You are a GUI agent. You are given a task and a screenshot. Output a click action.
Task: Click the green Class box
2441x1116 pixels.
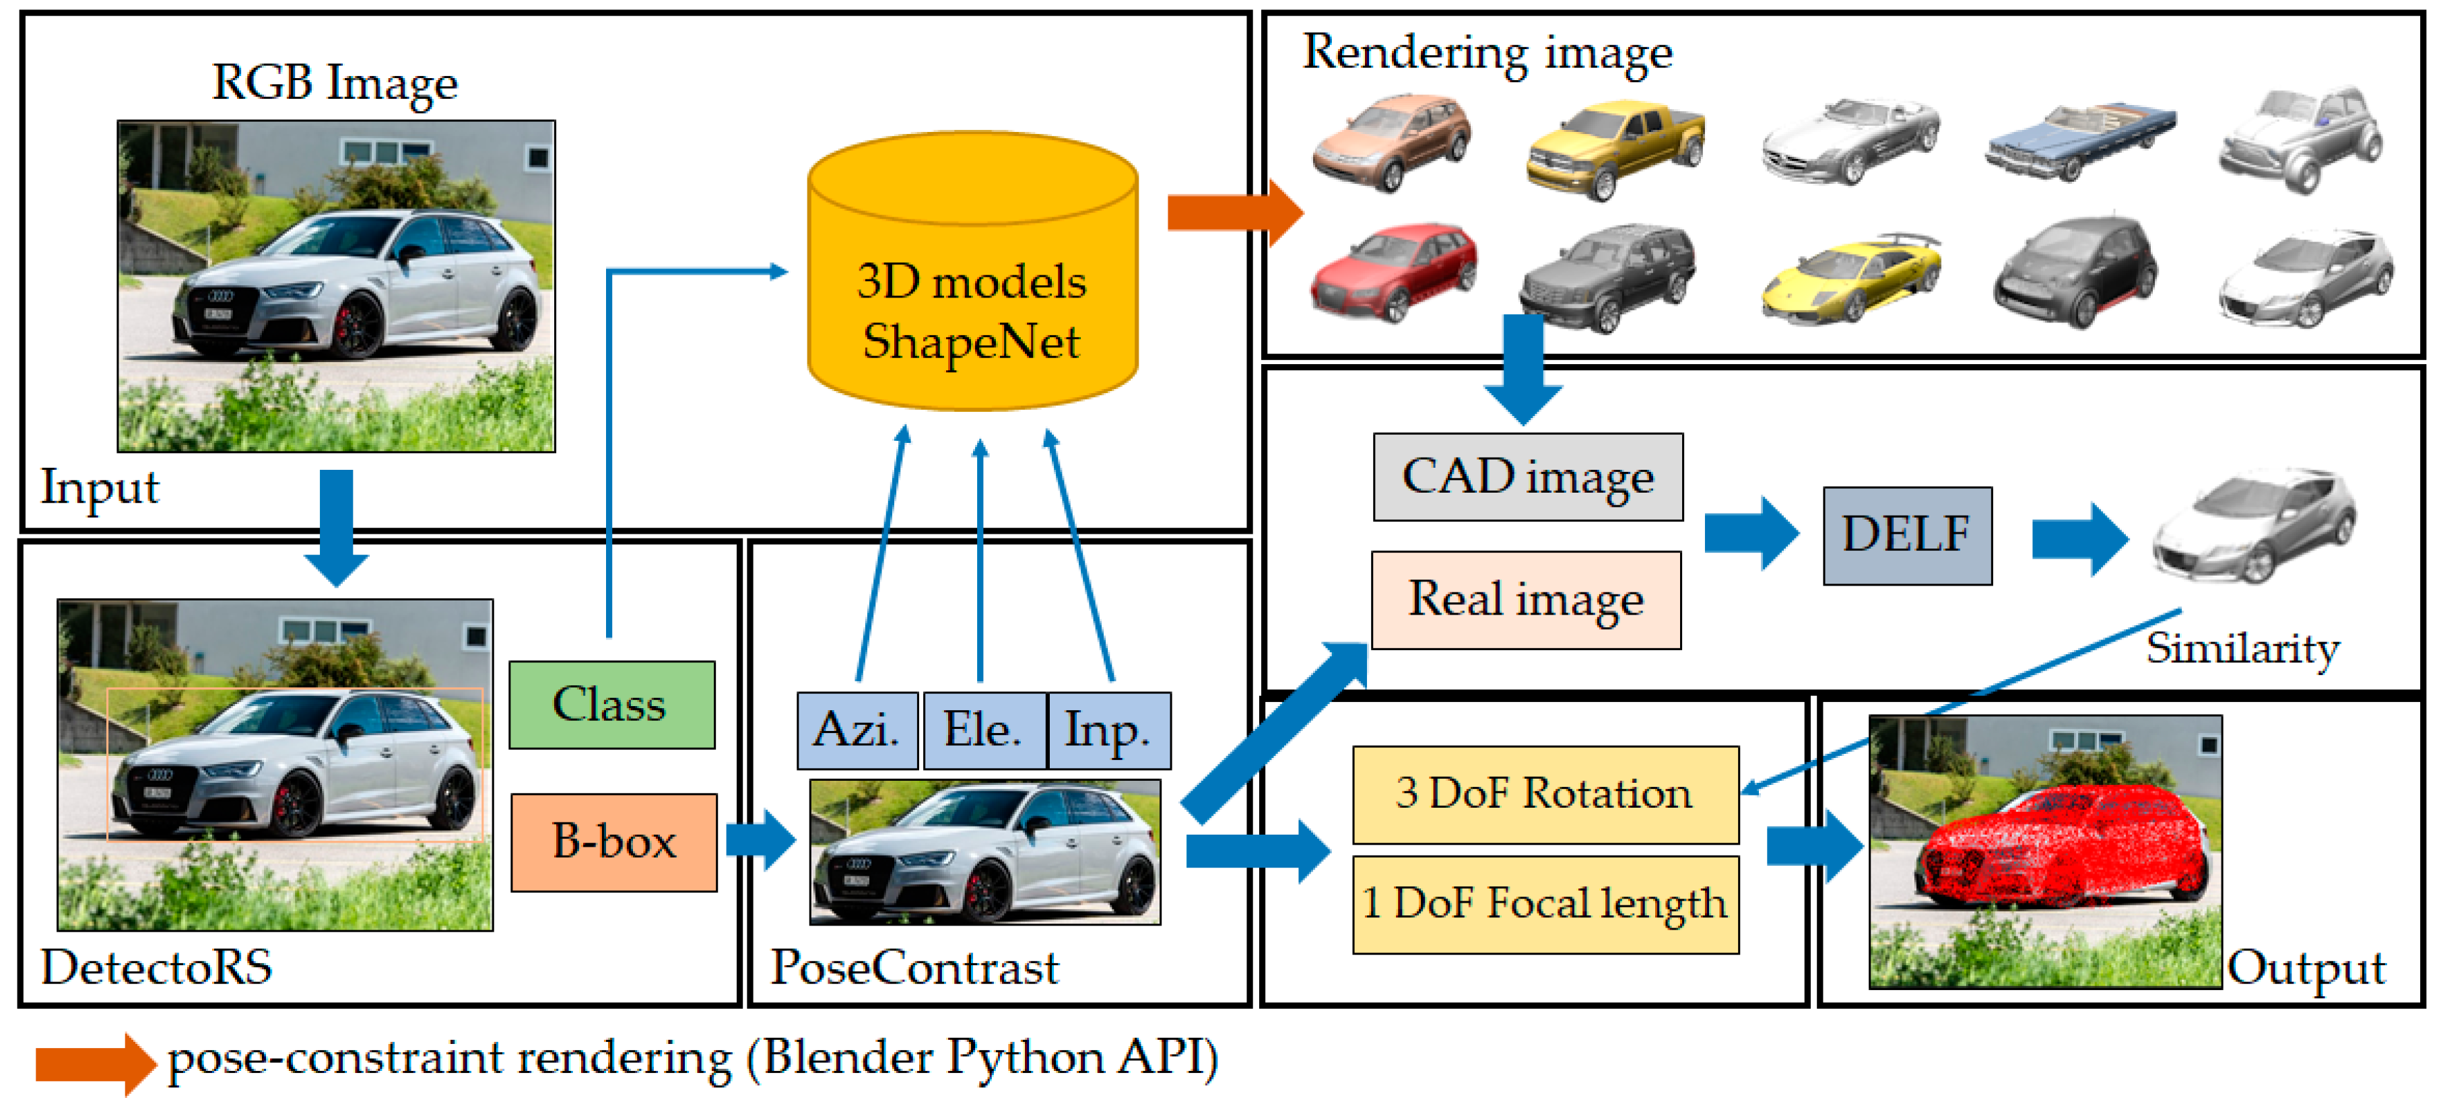click(612, 705)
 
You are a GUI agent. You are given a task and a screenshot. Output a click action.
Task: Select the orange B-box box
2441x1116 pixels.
click(614, 842)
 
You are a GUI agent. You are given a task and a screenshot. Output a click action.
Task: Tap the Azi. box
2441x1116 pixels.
click(858, 730)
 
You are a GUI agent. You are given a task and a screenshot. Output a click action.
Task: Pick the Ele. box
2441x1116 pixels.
click(984, 730)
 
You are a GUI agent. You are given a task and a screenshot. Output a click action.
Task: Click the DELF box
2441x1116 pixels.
click(1908, 535)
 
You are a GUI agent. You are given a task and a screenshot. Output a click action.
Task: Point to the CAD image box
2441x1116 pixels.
click(1529, 477)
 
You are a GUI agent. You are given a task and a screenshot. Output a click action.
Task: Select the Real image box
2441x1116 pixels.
click(1527, 600)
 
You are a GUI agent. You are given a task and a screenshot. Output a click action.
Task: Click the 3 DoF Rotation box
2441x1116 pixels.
click(1545, 794)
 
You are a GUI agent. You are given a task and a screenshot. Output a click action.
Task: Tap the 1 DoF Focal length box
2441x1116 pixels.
click(1545, 904)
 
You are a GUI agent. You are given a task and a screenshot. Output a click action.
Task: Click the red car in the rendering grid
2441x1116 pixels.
click(1393, 273)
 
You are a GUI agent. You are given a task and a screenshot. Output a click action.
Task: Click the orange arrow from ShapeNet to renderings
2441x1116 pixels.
click(1236, 212)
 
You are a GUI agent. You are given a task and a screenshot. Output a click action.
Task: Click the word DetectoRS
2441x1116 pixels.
click(156, 967)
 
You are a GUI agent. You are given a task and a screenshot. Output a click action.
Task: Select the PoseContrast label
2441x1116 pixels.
click(914, 967)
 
